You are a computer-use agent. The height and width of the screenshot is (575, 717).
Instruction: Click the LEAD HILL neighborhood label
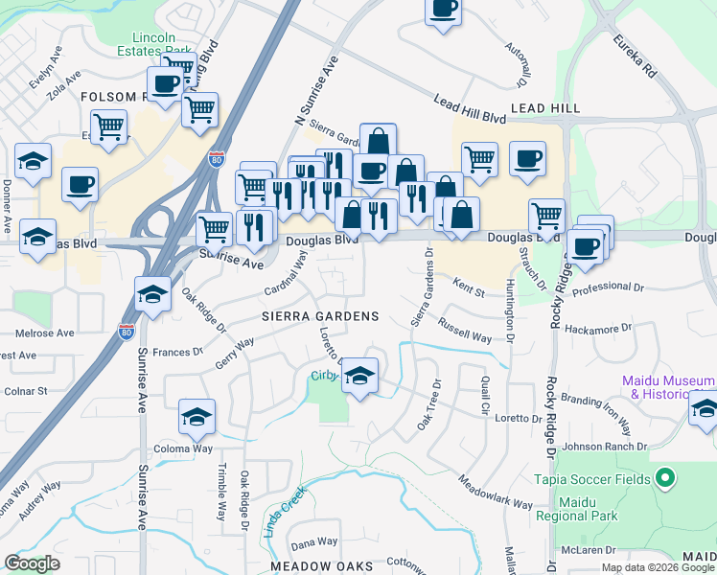point(545,108)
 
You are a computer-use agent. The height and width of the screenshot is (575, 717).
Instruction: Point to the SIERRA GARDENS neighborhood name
point(321,316)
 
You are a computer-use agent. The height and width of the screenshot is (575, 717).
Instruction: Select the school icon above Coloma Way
point(197,417)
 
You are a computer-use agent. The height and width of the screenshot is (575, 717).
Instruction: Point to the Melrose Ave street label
point(45,333)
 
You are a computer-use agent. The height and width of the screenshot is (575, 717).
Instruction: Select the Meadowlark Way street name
point(495,492)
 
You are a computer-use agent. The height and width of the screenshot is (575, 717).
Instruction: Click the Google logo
point(34,563)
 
